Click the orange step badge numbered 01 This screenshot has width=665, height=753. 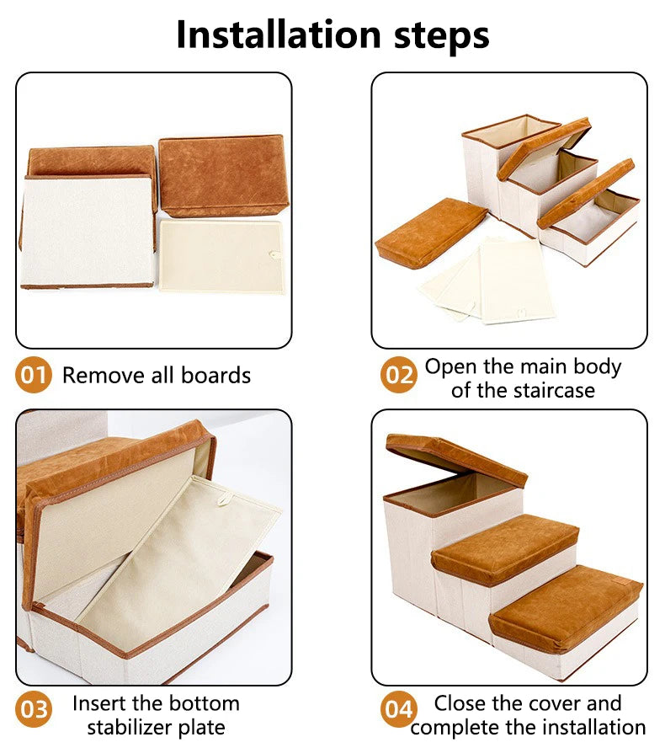tap(33, 375)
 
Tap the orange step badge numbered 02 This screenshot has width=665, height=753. tap(399, 375)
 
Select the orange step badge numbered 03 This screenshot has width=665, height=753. tap(33, 709)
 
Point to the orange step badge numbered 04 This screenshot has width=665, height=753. tap(399, 709)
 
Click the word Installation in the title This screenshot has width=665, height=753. tap(279, 35)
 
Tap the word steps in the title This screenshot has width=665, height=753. tap(441, 37)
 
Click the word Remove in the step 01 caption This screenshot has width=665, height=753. tap(104, 375)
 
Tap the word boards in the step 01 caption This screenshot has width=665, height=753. tap(215, 375)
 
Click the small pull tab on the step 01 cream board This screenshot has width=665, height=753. tap(275, 254)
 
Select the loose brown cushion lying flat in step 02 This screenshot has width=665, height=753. tap(430, 232)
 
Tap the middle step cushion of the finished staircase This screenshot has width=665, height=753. tap(505, 548)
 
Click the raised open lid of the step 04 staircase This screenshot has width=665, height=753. tap(456, 460)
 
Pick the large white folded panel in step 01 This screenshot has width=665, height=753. tap(88, 232)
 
